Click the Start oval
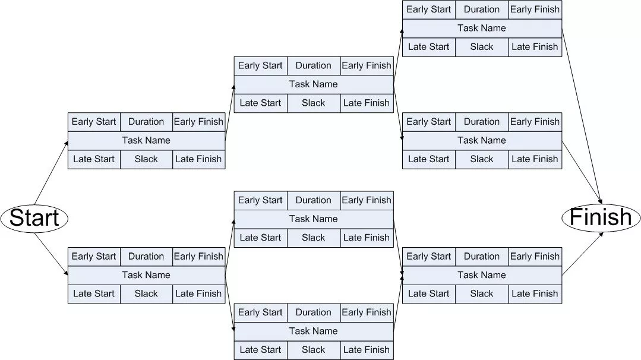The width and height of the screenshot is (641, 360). pos(34,218)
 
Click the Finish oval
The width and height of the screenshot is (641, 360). pos(601,217)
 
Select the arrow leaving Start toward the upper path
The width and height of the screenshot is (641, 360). pos(51,173)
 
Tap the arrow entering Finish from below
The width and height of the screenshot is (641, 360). pos(583,254)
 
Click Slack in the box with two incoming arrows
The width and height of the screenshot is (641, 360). pos(482,293)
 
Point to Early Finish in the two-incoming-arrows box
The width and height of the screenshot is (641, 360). pos(535,256)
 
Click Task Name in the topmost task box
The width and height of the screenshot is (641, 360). pos(482,28)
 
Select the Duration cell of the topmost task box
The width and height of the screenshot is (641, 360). pos(482,10)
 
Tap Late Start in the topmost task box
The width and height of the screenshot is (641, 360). pos(428,46)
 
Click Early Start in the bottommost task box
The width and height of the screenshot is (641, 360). pos(260,312)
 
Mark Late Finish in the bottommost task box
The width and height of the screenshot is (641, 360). pos(367,349)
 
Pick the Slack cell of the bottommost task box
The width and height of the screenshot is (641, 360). pos(314,350)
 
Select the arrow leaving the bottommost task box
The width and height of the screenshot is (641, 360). pos(398,302)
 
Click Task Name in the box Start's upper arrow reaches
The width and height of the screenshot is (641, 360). pos(146,140)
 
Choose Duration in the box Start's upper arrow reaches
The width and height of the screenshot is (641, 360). pos(146,121)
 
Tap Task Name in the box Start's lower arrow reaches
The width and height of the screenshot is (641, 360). pos(146,274)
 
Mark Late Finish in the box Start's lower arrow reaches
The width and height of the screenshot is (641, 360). pos(198,293)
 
